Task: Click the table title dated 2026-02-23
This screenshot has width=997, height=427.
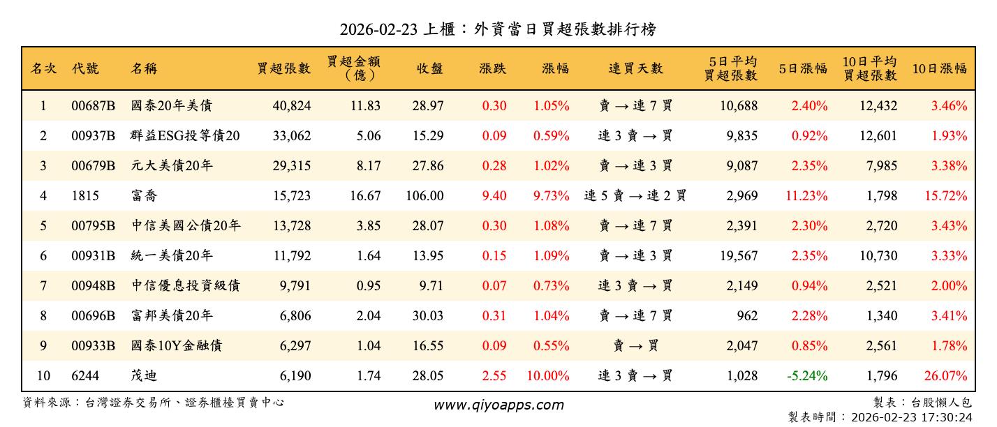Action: click(498, 29)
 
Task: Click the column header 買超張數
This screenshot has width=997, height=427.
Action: click(283, 68)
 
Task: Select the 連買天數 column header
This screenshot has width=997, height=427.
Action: click(635, 68)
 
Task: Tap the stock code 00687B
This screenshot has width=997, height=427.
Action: click(93, 106)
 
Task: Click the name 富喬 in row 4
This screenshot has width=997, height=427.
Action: click(144, 196)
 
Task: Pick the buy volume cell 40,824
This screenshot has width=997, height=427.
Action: click(292, 106)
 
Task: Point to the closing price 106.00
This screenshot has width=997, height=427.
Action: click(424, 196)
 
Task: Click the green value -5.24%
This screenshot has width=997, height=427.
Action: click(807, 376)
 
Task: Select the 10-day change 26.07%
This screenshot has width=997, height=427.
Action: click(946, 376)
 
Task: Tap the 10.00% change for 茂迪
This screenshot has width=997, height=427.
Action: click(548, 376)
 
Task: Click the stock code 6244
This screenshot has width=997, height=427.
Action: click(85, 376)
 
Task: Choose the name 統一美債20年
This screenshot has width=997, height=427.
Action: click(172, 256)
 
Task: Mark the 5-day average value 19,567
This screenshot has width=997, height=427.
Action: click(739, 256)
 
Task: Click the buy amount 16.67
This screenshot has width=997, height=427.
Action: click(365, 196)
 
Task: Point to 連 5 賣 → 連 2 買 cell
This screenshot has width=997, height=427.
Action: click(635, 196)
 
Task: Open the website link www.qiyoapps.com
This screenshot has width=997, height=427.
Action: click(498, 405)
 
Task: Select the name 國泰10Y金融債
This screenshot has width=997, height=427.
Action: click(177, 346)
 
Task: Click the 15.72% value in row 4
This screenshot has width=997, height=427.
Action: click(946, 196)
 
